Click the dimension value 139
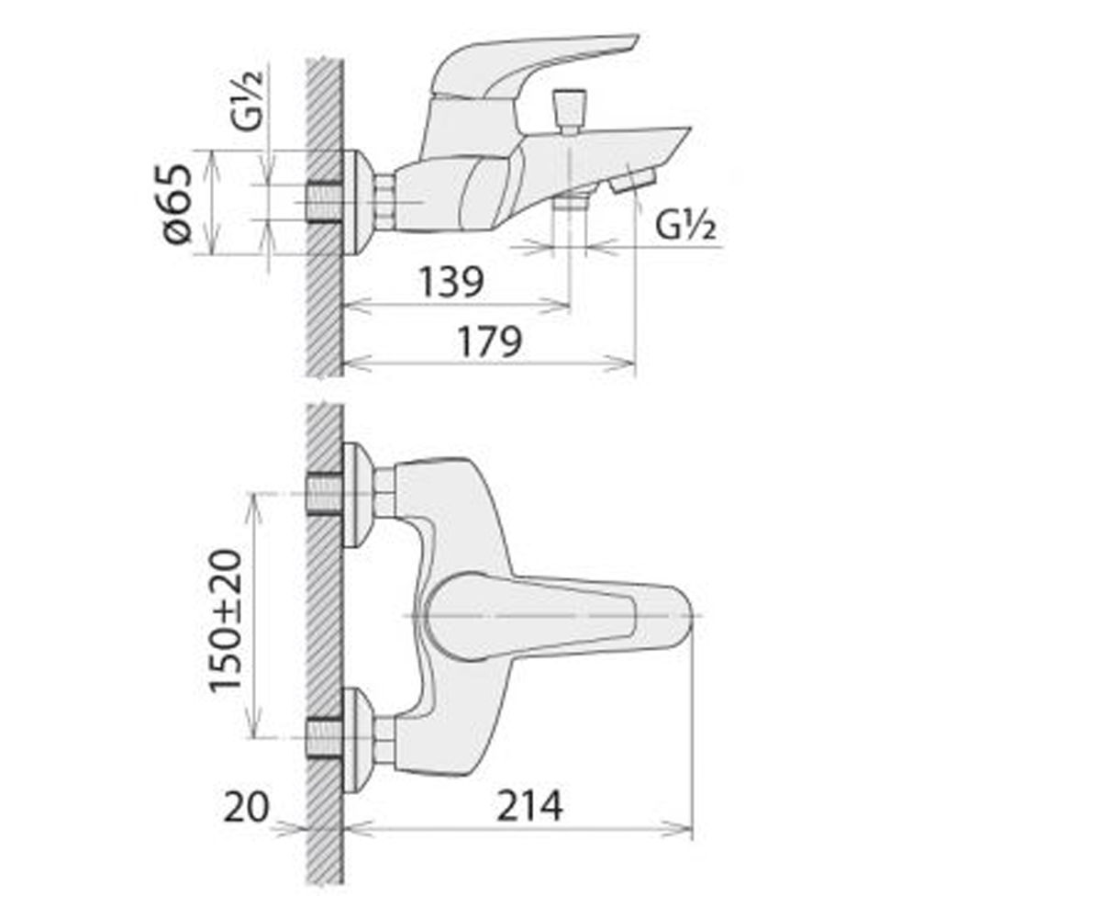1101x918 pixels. [x=450, y=282]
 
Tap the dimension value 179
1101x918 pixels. [x=490, y=341]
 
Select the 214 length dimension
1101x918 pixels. [x=529, y=806]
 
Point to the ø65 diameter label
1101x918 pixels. [x=176, y=204]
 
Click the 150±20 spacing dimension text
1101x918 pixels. [x=225, y=620]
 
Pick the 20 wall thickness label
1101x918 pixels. [x=246, y=807]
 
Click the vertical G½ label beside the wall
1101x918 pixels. [x=246, y=100]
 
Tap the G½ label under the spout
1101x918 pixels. [x=685, y=226]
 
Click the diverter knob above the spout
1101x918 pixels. [x=570, y=112]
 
